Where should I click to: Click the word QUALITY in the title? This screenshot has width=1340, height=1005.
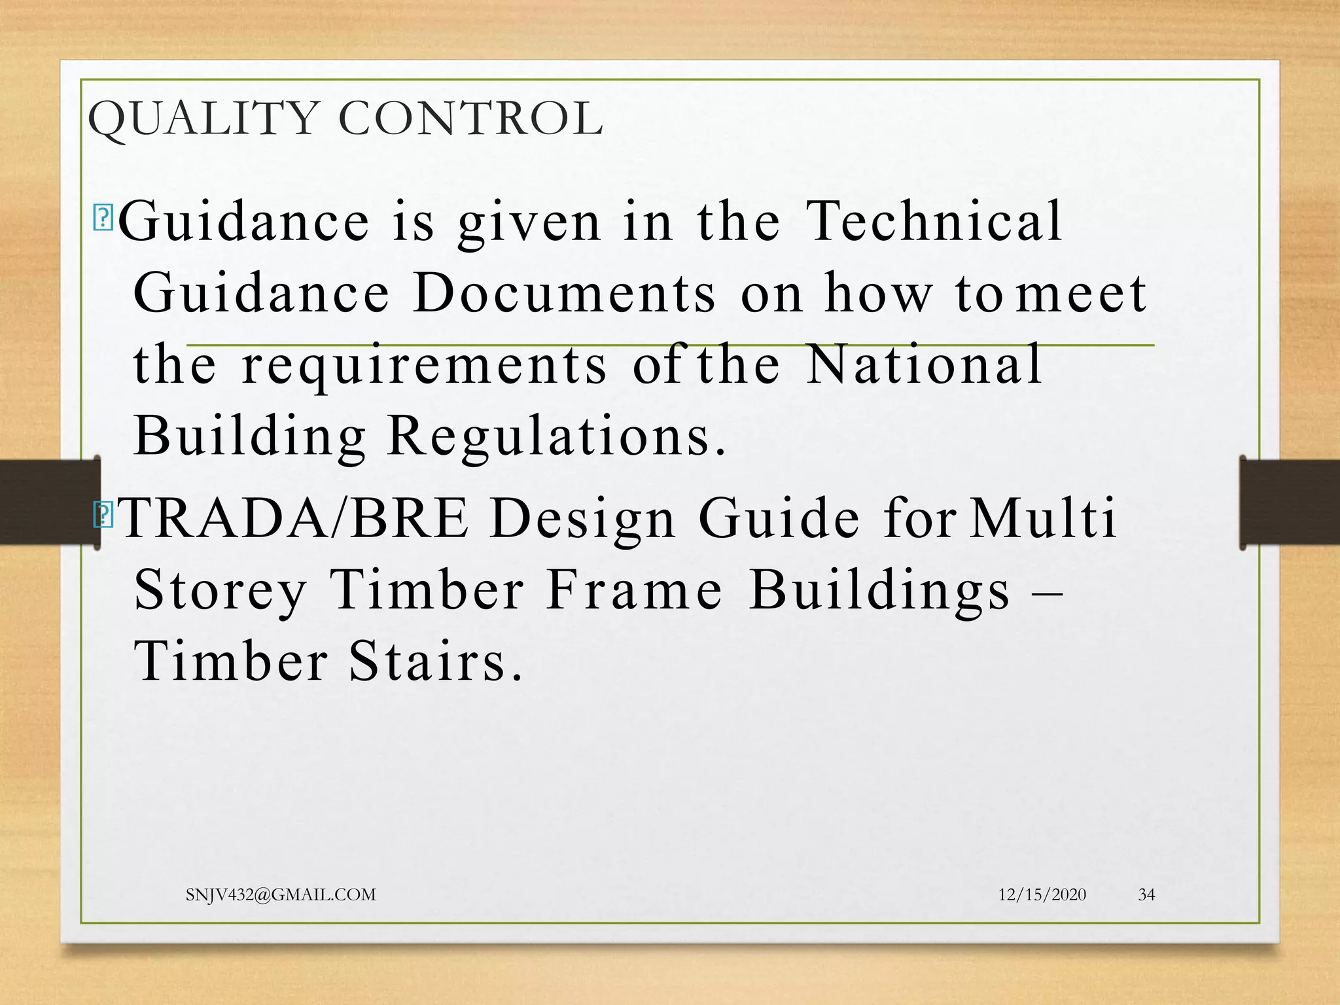[203, 119]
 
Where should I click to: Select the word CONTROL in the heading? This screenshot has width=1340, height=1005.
[470, 119]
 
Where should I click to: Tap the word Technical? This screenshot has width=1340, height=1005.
[934, 221]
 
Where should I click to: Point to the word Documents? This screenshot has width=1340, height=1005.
[565, 293]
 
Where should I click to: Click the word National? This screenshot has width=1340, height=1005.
[924, 364]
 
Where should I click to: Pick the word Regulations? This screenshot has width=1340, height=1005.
[556, 437]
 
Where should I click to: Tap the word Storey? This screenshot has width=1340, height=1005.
[220, 590]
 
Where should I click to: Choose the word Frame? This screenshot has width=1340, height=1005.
[635, 590]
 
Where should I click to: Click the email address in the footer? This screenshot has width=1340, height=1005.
[281, 894]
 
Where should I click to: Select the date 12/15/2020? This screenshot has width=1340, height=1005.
[1042, 894]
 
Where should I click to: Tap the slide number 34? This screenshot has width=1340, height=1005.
[1146, 894]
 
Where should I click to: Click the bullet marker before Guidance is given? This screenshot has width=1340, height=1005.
[103, 218]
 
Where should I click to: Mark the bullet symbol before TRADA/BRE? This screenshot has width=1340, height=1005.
[103, 515]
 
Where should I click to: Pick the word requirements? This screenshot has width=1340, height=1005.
[424, 366]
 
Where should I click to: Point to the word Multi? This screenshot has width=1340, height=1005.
[1043, 518]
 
